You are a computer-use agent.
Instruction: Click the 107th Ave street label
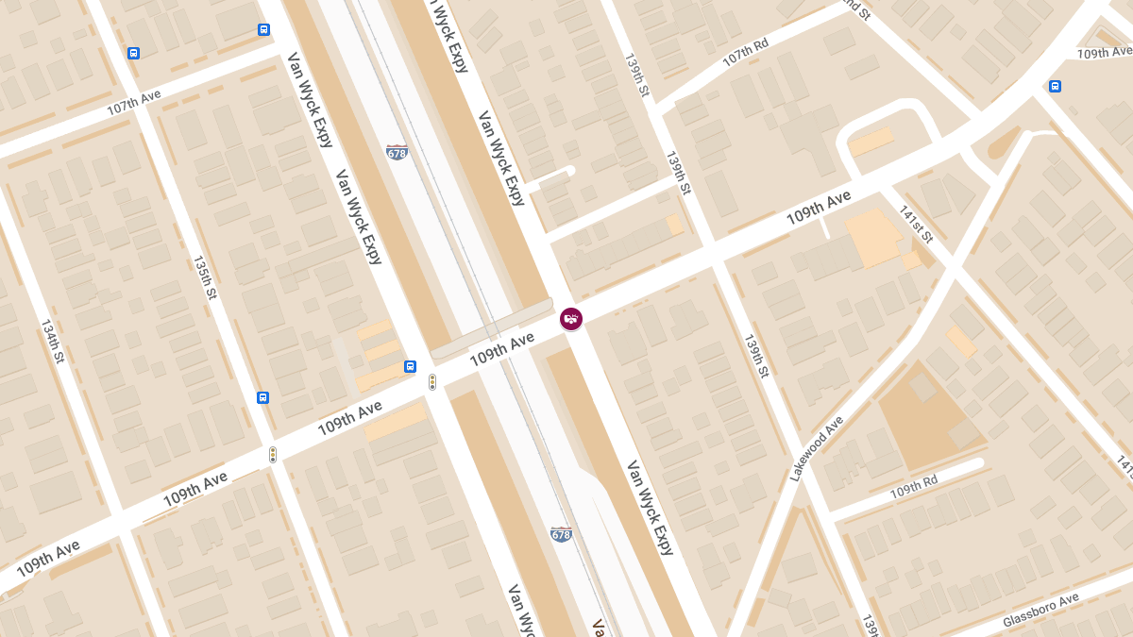pyautogui.click(x=134, y=102)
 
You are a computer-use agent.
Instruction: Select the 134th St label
pyautogui.click(x=53, y=341)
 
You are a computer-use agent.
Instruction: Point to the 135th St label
pyautogui.click(x=205, y=277)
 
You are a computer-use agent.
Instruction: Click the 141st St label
pyautogui.click(x=915, y=224)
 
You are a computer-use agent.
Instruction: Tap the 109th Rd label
pyautogui.click(x=913, y=487)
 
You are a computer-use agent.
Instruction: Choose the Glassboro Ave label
pyautogui.click(x=1040, y=609)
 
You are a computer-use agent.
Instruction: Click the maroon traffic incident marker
pyautogui.click(x=571, y=319)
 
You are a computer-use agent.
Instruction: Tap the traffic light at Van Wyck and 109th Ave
pyautogui.click(x=432, y=381)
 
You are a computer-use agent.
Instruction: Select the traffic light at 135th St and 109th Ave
pyautogui.click(x=273, y=454)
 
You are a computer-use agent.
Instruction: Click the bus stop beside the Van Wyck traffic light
pyautogui.click(x=410, y=366)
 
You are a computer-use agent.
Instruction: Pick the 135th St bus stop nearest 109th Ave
pyautogui.click(x=262, y=397)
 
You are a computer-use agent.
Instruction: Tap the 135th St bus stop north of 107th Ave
pyautogui.click(x=133, y=53)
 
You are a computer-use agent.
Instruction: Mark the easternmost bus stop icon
pyautogui.click(x=1055, y=86)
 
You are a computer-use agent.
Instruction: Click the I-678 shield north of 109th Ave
pyautogui.click(x=397, y=151)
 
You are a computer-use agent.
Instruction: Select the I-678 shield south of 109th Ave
pyautogui.click(x=561, y=533)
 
